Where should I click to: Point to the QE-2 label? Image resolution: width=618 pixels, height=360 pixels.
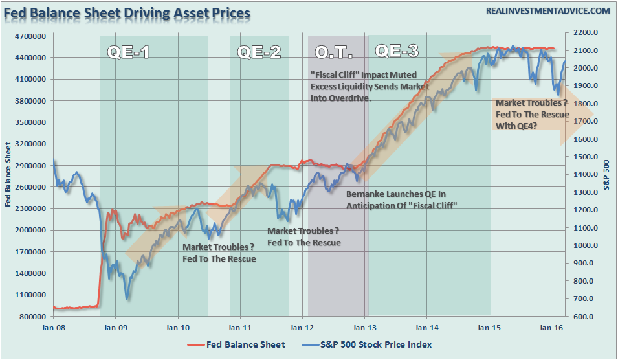259,52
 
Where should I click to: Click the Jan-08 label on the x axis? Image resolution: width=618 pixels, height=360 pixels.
52,328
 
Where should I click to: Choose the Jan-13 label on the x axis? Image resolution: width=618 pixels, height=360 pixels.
365,328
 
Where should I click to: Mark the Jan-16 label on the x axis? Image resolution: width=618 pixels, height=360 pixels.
551,328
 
